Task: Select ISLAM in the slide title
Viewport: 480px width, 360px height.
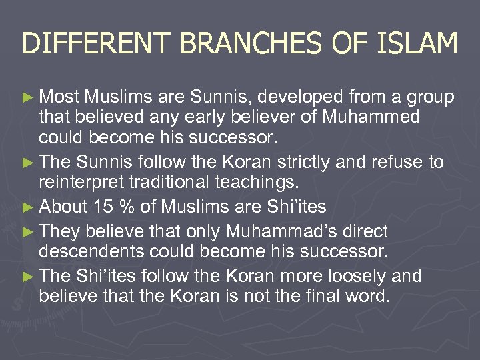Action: (x=420, y=44)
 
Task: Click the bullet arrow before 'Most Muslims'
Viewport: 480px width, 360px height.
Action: (x=29, y=98)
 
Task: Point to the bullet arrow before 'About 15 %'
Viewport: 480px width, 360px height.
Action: (x=29, y=207)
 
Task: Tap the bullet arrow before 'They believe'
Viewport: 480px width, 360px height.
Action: (x=29, y=231)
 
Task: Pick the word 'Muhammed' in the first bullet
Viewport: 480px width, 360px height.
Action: (x=371, y=117)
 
